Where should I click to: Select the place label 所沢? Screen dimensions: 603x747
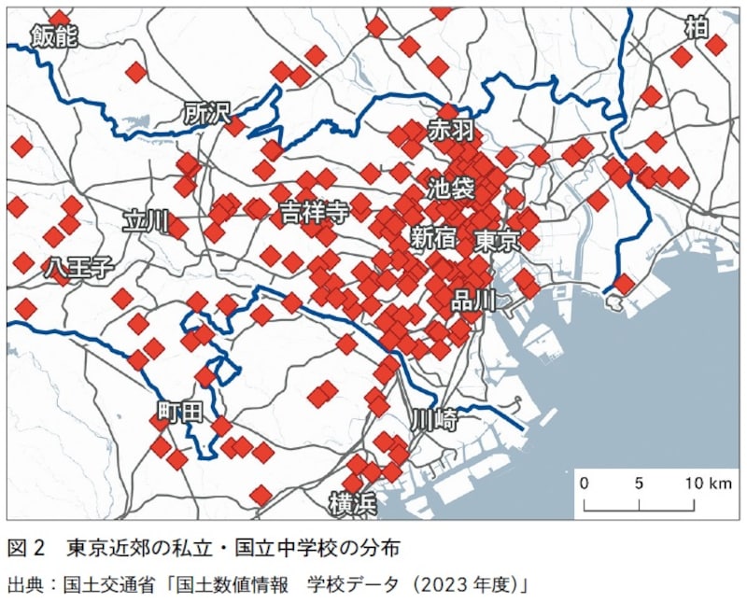(x=206, y=114)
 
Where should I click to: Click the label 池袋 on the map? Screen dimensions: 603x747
(x=450, y=187)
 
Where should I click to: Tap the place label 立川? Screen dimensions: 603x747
(x=146, y=221)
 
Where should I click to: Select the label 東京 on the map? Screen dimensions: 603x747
(x=496, y=241)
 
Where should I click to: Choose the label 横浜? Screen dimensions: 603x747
(x=353, y=504)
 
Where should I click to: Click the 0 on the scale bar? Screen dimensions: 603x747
(x=584, y=484)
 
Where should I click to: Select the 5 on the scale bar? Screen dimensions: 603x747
(x=640, y=484)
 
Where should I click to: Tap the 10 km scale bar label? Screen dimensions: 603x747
(x=707, y=484)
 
